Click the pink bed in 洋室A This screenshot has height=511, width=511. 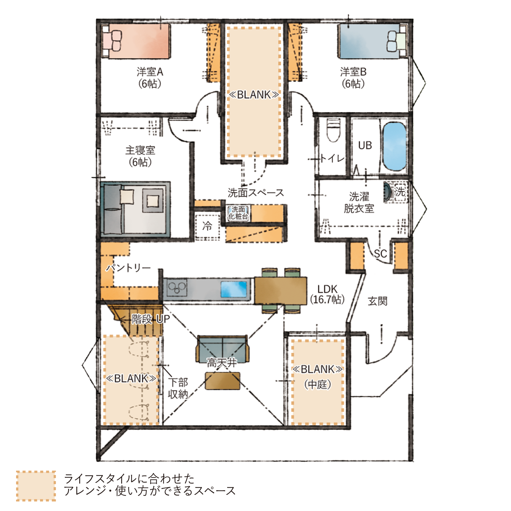136,41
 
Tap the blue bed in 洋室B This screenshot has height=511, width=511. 373,41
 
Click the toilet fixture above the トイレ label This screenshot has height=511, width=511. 333,130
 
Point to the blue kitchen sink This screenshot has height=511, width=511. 234,289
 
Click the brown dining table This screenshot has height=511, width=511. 280,291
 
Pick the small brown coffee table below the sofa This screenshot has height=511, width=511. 223,381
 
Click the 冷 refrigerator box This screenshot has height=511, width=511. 207,226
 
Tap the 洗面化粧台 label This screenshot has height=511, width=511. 238,213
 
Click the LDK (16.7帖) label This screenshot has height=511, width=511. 327,294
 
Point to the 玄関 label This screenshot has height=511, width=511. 378,301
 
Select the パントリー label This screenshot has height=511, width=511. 128,268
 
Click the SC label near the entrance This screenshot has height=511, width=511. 380,254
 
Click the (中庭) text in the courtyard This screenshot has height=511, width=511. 318,385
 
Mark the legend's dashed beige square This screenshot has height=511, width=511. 36,486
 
